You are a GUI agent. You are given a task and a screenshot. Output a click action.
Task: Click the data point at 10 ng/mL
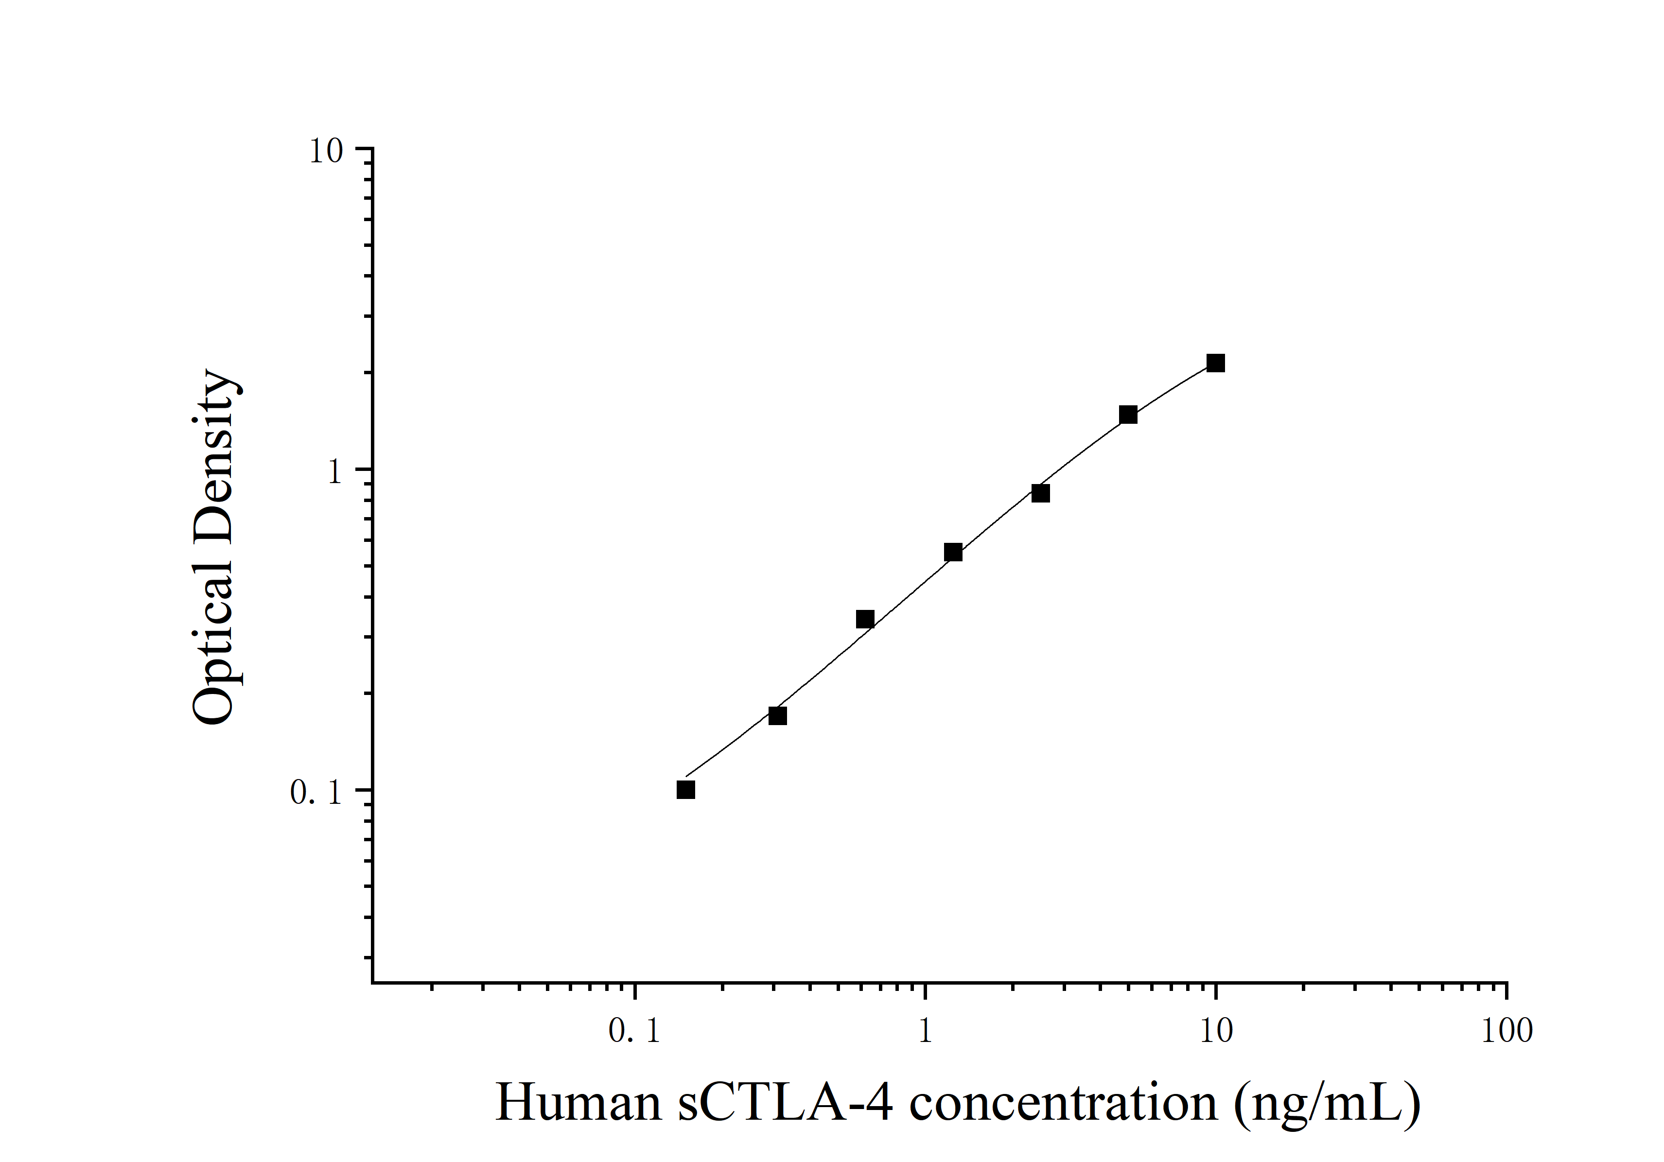1215,363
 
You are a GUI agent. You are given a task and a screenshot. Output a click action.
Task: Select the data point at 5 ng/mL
1128,415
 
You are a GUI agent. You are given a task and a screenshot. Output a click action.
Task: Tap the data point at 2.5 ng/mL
1040,493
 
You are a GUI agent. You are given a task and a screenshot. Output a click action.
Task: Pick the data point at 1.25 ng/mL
953,553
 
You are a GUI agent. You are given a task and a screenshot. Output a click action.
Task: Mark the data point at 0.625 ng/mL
865,619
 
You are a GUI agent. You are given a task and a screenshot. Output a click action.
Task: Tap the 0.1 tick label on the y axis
315,793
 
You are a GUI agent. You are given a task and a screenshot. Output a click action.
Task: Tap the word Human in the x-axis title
578,1103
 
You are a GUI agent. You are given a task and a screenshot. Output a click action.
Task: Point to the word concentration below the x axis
1063,1103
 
